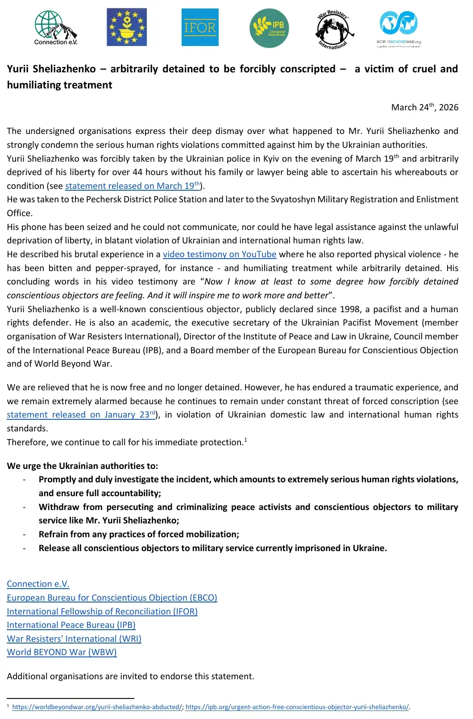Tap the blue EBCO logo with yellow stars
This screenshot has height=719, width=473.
pyautogui.click(x=127, y=27)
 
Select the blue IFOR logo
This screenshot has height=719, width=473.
pyautogui.click(x=200, y=27)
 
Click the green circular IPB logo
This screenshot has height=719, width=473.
pyautogui.click(x=269, y=28)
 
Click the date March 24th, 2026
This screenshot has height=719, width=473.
pyautogui.click(x=424, y=107)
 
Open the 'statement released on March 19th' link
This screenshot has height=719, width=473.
pyautogui.click(x=132, y=186)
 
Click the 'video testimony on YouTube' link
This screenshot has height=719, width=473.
pyautogui.click(x=220, y=254)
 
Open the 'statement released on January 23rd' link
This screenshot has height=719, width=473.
pyautogui.click(x=81, y=414)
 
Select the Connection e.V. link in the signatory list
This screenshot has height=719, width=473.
pyautogui.click(x=38, y=584)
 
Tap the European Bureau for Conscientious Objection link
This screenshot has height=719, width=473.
pyautogui.click(x=112, y=598)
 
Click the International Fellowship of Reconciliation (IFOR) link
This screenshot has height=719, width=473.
pyautogui.click(x=102, y=611)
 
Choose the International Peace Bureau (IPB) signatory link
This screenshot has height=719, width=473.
pyautogui.click(x=71, y=625)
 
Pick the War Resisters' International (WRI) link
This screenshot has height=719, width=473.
pyautogui.click(x=74, y=639)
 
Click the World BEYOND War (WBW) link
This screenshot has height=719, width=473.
pyautogui.click(x=62, y=652)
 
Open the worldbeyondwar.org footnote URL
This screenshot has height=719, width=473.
pyautogui.click(x=97, y=707)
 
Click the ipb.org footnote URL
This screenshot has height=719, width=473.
pyautogui.click(x=297, y=707)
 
